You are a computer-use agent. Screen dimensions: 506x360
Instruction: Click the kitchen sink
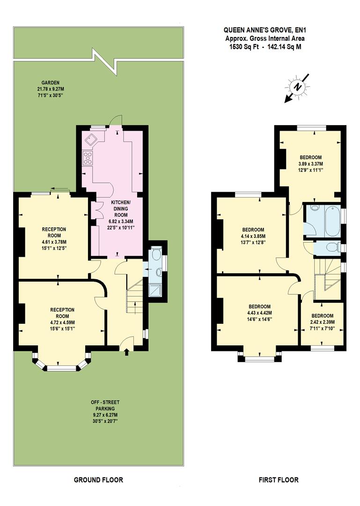pyautogui.click(x=90, y=138)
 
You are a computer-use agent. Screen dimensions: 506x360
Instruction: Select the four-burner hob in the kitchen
pyautogui.click(x=88, y=158)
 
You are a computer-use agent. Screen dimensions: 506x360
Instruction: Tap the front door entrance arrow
pyautogui.click(x=125, y=352)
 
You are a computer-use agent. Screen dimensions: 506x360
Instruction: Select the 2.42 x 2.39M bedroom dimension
pyautogui.click(x=323, y=322)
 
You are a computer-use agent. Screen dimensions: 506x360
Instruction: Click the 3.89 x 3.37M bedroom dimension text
pyautogui.click(x=310, y=164)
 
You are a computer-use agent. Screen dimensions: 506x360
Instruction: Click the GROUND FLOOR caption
pyautogui.click(x=99, y=480)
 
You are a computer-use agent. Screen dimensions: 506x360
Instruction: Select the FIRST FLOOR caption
pyautogui.click(x=279, y=480)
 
